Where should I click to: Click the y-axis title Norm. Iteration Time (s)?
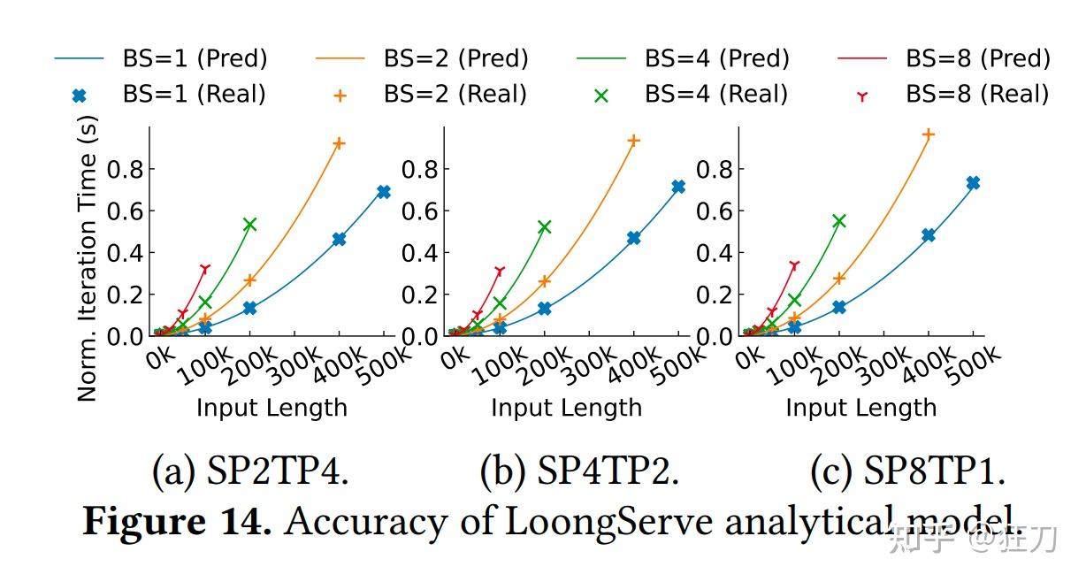(x=87, y=261)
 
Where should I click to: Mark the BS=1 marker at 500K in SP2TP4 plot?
(x=383, y=192)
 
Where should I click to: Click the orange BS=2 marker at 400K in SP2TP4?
(x=338, y=143)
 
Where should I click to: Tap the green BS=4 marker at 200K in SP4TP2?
(x=544, y=227)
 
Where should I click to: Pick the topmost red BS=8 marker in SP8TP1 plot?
(x=794, y=265)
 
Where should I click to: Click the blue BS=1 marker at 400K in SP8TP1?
(x=929, y=235)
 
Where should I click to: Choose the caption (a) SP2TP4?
(x=250, y=473)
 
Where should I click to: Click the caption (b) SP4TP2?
(x=579, y=473)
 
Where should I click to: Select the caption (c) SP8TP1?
(x=907, y=473)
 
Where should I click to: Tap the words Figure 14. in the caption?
(x=177, y=522)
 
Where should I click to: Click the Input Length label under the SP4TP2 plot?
(x=566, y=408)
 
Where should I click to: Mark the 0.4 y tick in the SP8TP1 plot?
(x=715, y=253)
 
